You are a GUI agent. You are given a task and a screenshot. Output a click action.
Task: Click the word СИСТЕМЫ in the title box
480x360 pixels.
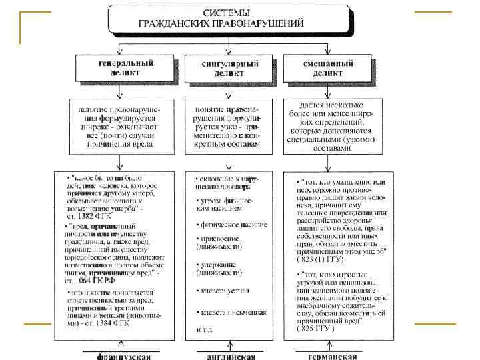227,13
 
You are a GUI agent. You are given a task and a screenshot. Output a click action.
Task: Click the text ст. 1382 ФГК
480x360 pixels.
87,218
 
